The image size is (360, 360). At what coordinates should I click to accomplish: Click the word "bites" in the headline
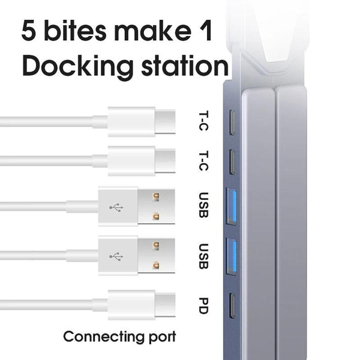click(76, 31)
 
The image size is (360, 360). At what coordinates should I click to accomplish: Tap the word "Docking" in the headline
click(77, 67)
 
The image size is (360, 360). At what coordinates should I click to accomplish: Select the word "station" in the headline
click(185, 65)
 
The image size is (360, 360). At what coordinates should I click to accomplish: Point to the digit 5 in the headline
click(29, 31)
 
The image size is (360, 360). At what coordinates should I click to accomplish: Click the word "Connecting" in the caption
click(104, 337)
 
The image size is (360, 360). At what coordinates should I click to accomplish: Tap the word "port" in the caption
click(163, 337)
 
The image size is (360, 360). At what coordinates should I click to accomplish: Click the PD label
click(203, 306)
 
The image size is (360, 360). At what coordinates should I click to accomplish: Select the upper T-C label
click(203, 121)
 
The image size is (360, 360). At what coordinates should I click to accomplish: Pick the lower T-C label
click(203, 161)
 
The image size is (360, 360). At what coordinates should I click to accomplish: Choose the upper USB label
click(203, 205)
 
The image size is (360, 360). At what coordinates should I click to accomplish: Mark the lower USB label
click(203, 256)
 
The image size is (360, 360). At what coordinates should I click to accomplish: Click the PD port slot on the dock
click(232, 306)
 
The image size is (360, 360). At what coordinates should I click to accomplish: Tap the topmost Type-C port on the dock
click(232, 122)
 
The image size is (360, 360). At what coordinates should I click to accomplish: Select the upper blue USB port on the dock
click(231, 206)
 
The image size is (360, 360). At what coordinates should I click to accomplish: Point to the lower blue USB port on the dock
click(231, 256)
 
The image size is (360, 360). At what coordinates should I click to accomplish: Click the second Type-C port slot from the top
click(232, 162)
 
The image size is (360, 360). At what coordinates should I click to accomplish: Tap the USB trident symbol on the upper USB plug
click(116, 208)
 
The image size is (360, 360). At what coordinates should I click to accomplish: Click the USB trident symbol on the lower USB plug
click(116, 256)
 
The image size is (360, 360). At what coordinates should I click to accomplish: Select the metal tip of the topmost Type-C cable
click(165, 122)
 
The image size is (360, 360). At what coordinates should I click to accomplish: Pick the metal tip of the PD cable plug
click(165, 305)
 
